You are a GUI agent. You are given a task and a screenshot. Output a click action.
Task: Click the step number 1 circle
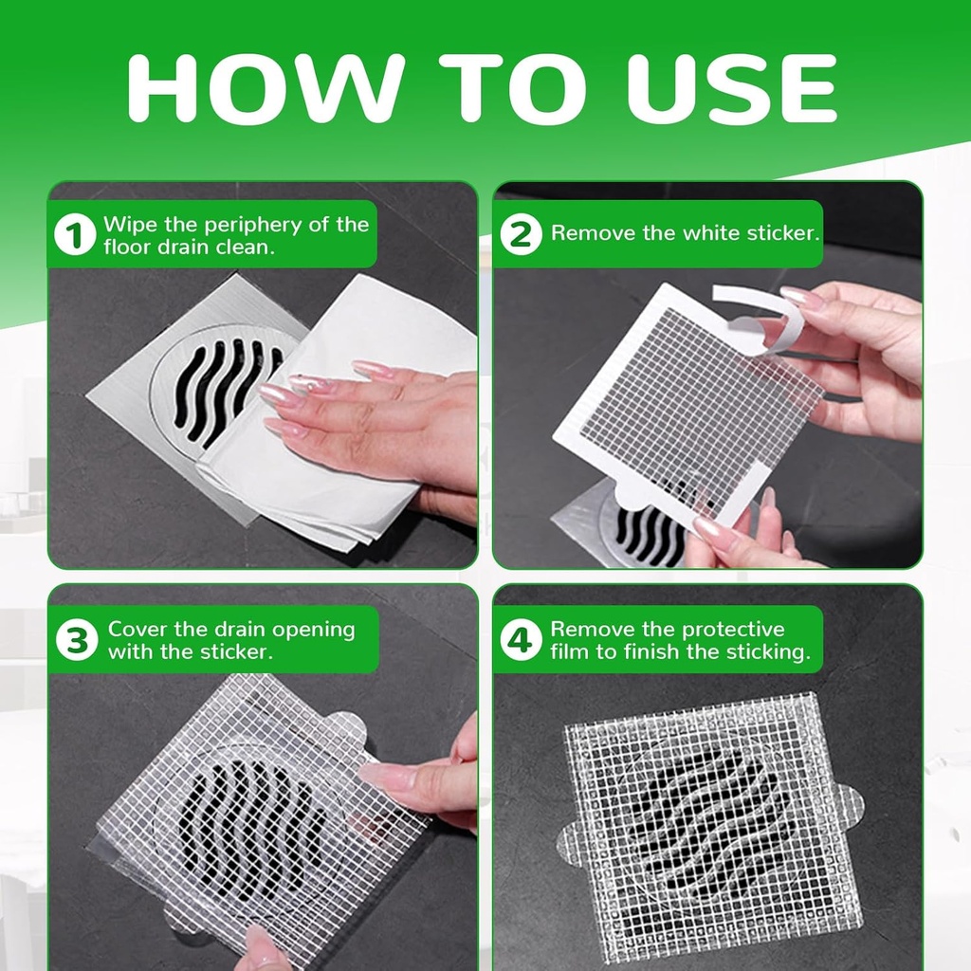tap(75, 235)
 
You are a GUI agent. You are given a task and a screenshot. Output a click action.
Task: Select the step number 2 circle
tap(520, 233)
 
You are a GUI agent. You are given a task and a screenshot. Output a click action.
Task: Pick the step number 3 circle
tap(76, 641)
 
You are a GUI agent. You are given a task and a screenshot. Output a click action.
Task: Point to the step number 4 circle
tap(521, 641)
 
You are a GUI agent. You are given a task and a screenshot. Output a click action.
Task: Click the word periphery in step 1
tap(249, 226)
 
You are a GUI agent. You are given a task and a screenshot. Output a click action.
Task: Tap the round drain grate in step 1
tap(213, 389)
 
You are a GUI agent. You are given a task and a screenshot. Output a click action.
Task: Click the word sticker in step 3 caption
tap(237, 652)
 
